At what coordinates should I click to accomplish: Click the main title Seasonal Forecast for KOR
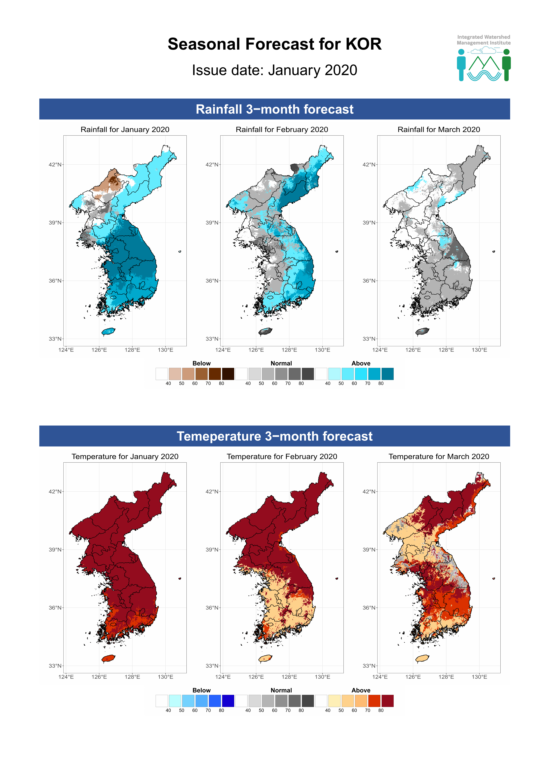pyautogui.click(x=274, y=44)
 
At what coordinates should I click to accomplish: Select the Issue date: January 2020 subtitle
pyautogui.click(x=274, y=70)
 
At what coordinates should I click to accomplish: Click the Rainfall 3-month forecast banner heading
pyautogui.click(x=274, y=109)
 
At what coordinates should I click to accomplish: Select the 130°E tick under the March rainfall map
pyautogui.click(x=479, y=350)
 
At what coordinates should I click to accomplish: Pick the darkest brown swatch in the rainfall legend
pyautogui.click(x=228, y=374)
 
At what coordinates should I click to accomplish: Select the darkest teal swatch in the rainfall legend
pyautogui.click(x=387, y=374)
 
